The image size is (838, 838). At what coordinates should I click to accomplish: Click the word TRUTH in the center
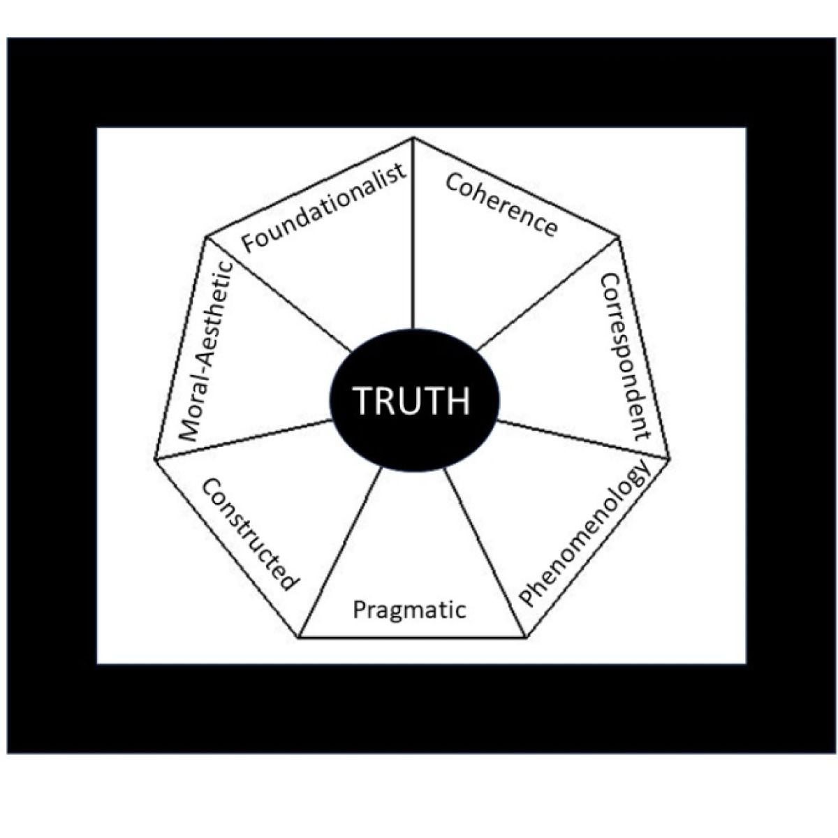point(412,401)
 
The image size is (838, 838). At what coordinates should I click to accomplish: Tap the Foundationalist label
point(323,207)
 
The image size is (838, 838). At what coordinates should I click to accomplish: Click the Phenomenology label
point(585,536)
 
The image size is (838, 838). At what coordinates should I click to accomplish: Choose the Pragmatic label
point(409,610)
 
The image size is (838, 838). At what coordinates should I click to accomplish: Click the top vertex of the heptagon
point(413,138)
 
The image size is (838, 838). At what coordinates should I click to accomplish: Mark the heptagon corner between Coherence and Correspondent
point(619,237)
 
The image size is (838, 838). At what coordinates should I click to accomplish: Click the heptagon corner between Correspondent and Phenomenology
point(669,458)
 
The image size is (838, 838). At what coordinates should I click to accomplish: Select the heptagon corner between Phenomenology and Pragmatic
point(525,637)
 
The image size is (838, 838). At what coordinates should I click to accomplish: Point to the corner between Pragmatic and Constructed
point(300,637)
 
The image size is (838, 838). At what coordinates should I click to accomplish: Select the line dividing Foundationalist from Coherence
point(413,237)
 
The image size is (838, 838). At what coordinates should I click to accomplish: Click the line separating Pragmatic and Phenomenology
point(485,552)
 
